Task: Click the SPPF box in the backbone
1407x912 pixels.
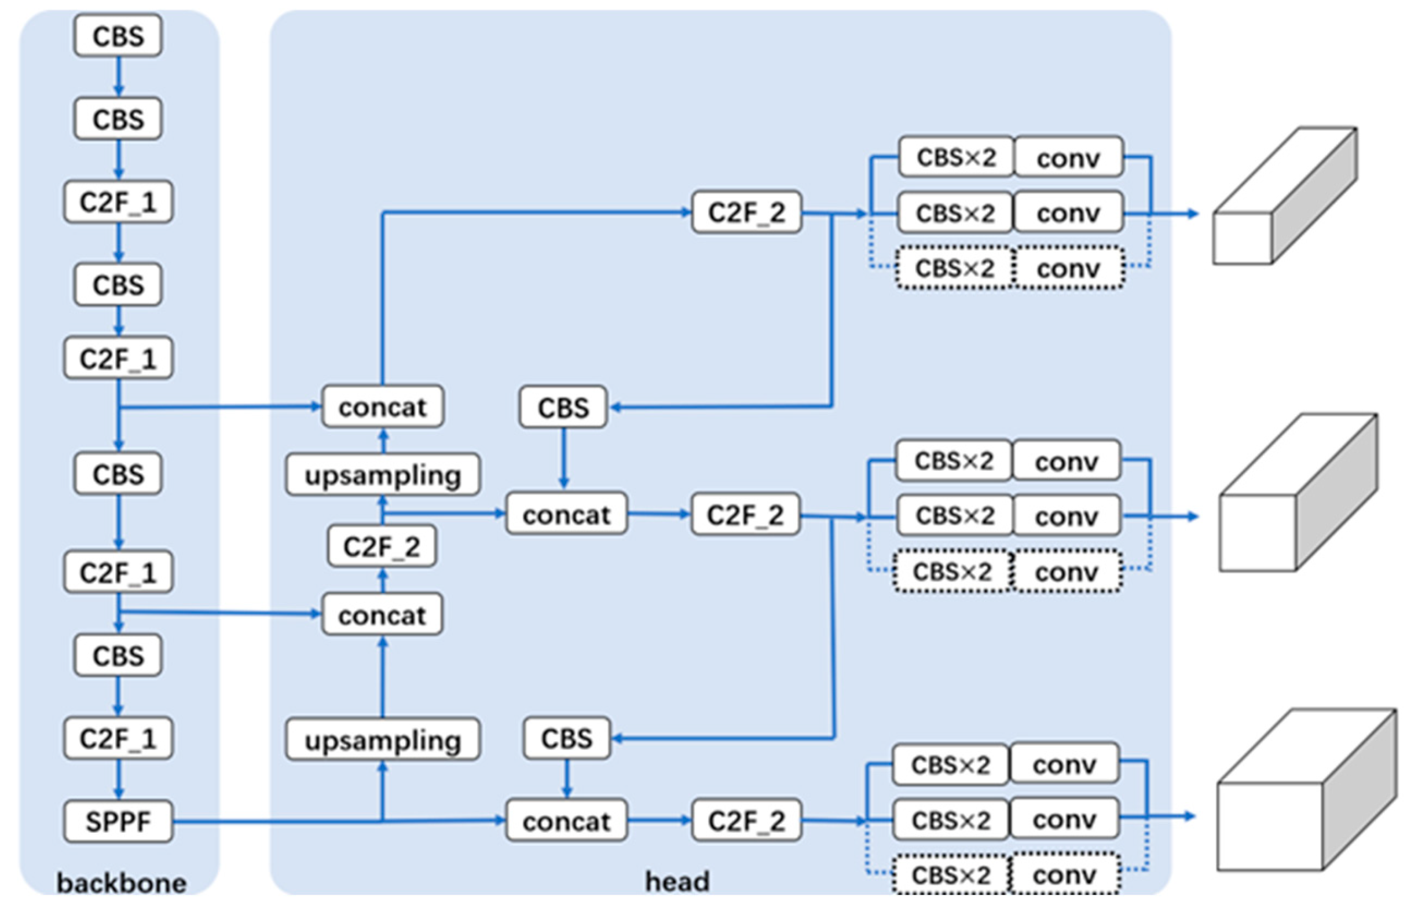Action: coord(118,821)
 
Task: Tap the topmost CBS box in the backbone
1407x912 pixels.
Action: coord(118,36)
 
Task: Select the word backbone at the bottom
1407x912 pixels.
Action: coord(121,883)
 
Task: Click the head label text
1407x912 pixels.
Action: coord(677,881)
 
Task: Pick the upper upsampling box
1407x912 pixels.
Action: coord(383,475)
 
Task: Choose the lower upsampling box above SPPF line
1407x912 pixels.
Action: coord(383,739)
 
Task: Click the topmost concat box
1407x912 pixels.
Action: coord(383,406)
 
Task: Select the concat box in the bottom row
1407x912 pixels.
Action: coord(566,821)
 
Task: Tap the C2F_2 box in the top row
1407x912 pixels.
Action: coord(746,212)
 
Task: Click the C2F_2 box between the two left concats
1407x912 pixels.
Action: coord(382,546)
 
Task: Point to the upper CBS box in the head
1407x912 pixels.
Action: coord(563,407)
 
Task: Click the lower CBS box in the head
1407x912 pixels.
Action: coord(566,738)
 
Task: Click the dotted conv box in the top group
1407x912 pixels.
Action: coord(1068,268)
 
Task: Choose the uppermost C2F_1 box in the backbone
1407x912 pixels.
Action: coord(118,202)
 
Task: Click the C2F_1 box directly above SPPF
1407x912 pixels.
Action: coord(118,738)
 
